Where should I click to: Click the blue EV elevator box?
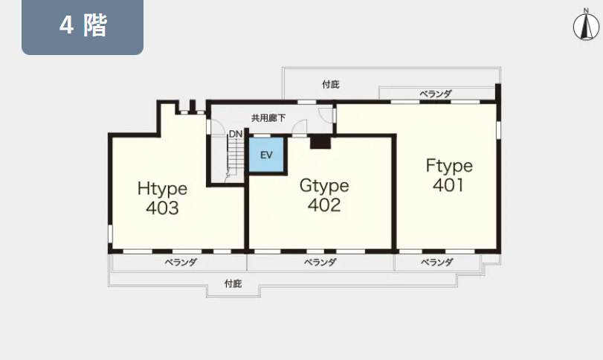(266, 155)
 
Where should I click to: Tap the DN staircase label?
(236, 134)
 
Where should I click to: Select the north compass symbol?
(586, 26)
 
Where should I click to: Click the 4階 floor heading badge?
(83, 27)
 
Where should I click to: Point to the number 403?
(162, 208)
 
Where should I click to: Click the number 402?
(324, 205)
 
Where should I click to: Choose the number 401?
(448, 185)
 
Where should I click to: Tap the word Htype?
(162, 189)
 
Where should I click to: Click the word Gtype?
(324, 186)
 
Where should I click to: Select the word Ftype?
(449, 166)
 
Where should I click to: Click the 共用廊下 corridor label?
(268, 118)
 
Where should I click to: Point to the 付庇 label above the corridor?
(331, 85)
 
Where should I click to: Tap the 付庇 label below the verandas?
(233, 284)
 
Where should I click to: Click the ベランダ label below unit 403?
(181, 263)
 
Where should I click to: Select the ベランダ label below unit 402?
(320, 263)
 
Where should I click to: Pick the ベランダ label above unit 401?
(435, 94)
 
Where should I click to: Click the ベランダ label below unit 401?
(437, 263)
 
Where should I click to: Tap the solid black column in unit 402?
(320, 142)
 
